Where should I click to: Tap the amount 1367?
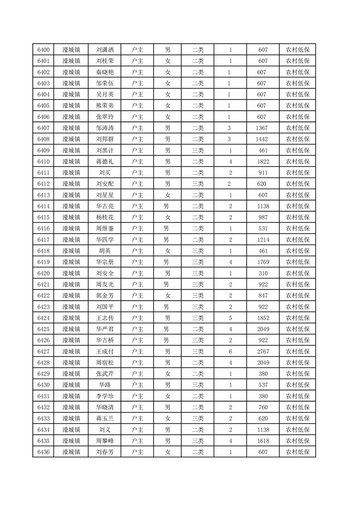point(262,128)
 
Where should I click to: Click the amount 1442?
point(262,139)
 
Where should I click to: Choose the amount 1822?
point(262,162)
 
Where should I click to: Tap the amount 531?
point(262,228)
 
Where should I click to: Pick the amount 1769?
point(262,262)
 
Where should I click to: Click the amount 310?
point(262,273)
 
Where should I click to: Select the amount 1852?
point(262,318)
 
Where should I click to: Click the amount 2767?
point(262,351)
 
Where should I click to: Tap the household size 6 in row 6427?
point(230,351)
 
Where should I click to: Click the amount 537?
point(262,385)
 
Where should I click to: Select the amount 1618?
point(262,440)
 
